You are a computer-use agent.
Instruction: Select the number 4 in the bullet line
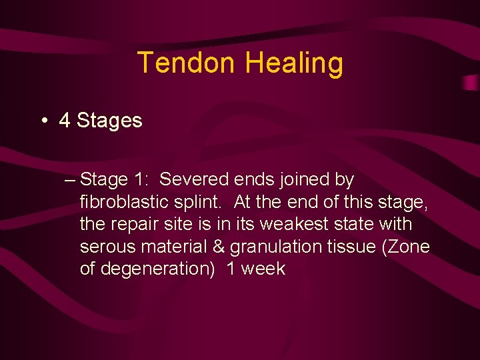[65, 121]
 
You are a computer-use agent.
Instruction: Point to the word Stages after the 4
[109, 121]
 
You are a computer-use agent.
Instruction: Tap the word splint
[206, 202]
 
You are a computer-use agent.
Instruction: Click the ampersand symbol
[219, 247]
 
